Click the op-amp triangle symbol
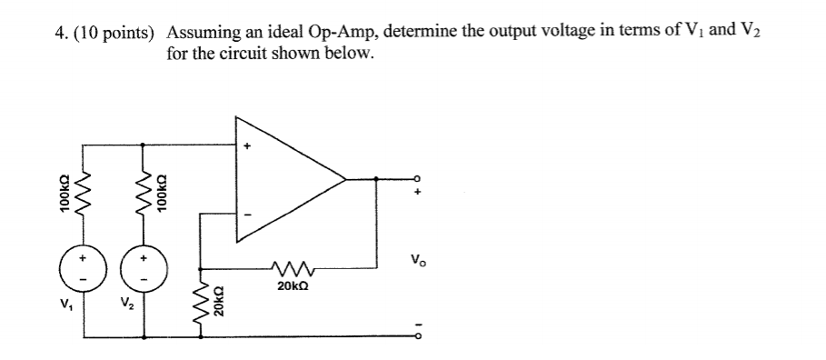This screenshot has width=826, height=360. (x=282, y=178)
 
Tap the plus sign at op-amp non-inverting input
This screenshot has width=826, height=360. (x=245, y=145)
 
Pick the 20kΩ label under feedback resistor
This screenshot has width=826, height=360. (x=293, y=285)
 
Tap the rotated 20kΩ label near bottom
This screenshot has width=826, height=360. (x=218, y=299)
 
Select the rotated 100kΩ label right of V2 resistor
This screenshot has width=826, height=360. (x=162, y=193)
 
